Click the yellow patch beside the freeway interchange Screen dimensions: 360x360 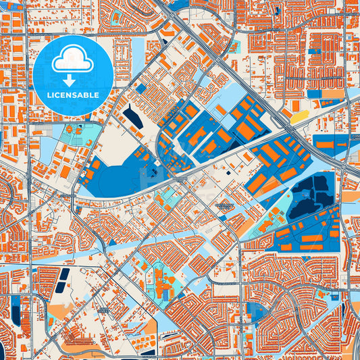300,118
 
